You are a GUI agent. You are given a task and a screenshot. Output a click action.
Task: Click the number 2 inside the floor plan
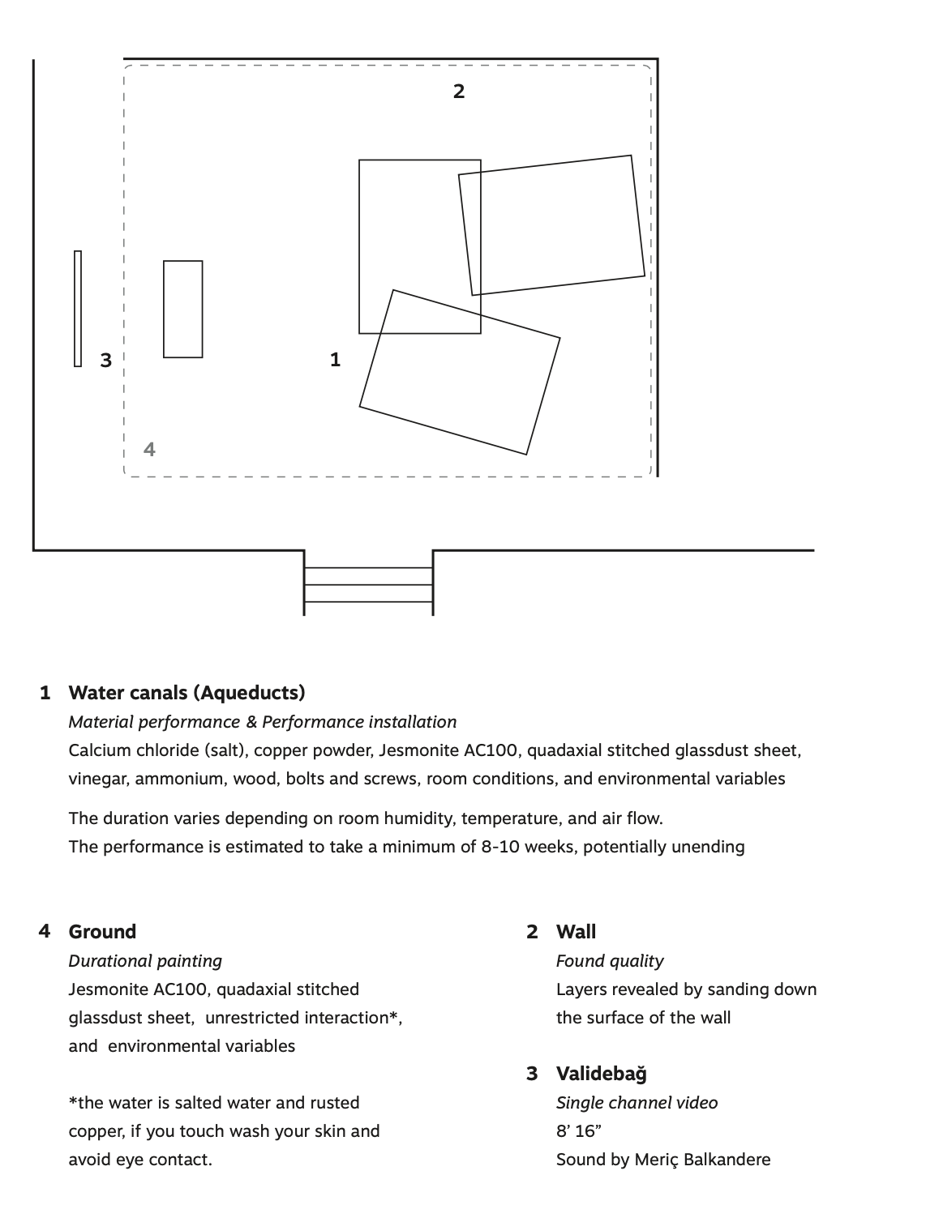(458, 92)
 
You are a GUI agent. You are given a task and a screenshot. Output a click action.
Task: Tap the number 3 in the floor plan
(105, 360)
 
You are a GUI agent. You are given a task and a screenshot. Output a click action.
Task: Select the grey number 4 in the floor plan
(149, 449)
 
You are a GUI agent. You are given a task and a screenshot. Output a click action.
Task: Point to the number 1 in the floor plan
(335, 359)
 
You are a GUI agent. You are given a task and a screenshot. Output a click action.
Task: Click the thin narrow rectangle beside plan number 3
(78, 309)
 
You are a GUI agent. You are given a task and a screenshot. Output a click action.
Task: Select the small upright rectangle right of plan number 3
(182, 309)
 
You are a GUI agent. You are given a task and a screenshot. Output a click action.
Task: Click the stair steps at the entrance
(368, 584)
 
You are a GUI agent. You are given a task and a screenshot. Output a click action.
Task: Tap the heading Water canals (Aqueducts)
(187, 693)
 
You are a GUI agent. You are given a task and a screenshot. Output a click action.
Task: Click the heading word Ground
(102, 931)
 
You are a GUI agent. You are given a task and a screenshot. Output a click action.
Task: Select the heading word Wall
(576, 931)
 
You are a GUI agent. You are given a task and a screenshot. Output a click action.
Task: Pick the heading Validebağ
(602, 1074)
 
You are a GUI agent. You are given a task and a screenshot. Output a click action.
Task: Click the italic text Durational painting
(145, 961)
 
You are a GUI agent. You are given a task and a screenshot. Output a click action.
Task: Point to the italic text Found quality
(610, 961)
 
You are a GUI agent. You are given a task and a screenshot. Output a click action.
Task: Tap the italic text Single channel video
(637, 1103)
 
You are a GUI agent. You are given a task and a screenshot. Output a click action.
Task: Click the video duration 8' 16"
(578, 1131)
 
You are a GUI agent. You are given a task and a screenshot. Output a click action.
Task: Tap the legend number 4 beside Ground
(45, 931)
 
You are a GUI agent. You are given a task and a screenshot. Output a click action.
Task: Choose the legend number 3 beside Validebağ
(532, 1074)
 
